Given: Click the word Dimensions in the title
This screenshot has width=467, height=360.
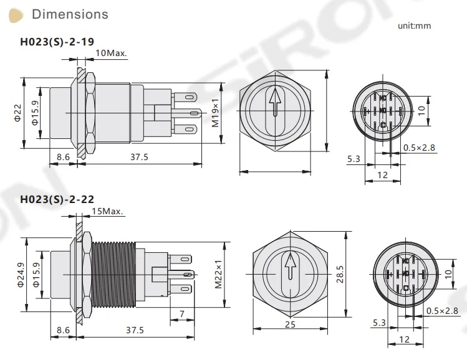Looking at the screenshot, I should tap(70, 14).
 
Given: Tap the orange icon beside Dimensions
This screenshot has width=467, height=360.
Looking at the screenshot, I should tap(20, 14).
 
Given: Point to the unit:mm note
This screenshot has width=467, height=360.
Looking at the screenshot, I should tap(414, 26).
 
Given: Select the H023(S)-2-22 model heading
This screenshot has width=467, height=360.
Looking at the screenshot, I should tap(57, 199).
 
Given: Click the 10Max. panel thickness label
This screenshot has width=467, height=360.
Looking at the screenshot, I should tap(111, 53).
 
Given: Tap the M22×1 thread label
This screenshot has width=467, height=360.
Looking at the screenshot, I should tap(218, 272).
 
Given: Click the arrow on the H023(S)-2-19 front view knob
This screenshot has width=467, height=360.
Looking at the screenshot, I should tap(274, 103).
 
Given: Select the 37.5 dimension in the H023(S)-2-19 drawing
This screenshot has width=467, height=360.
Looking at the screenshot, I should tap(138, 157).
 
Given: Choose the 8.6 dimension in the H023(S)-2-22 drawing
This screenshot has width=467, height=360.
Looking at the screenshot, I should tap(63, 329).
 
